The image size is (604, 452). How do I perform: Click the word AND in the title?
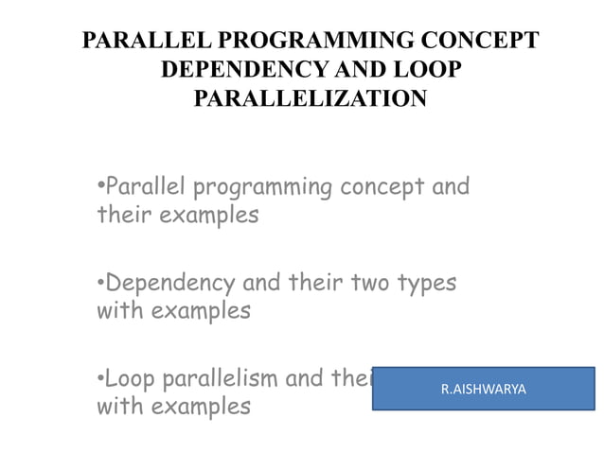(x=354, y=70)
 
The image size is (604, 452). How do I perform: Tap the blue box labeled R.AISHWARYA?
(x=483, y=389)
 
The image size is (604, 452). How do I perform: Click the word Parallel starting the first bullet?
(x=144, y=186)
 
